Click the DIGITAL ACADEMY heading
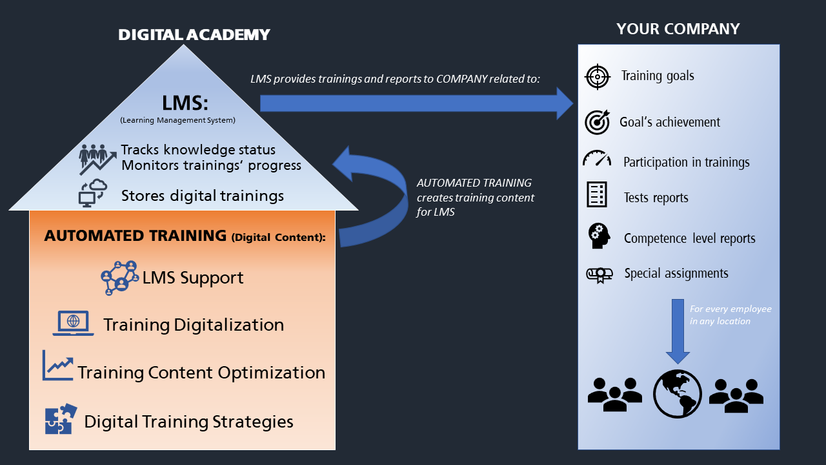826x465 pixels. [x=194, y=34]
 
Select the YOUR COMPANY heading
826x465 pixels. [x=678, y=29]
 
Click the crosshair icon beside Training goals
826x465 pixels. [x=597, y=77]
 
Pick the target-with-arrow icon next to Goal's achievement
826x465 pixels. [x=597, y=122]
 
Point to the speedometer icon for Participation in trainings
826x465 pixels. [x=596, y=160]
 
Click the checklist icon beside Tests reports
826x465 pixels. [x=597, y=194]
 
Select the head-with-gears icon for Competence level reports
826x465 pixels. [x=598, y=236]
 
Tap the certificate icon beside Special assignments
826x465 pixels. [x=599, y=274]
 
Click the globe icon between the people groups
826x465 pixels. [x=677, y=393]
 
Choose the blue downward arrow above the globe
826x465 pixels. [x=678, y=329]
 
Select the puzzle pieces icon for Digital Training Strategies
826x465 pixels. [x=61, y=420]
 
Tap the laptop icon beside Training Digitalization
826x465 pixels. [x=73, y=323]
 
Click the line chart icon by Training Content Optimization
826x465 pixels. [x=57, y=366]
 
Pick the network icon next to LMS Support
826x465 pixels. [x=120, y=278]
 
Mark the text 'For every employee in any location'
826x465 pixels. [x=730, y=315]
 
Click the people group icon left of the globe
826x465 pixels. [x=614, y=393]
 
